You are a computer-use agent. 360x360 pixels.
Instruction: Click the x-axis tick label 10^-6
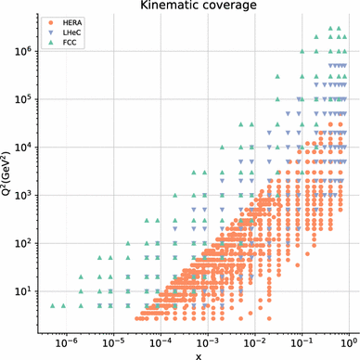66,343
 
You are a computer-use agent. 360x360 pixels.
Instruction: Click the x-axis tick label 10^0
349,343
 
